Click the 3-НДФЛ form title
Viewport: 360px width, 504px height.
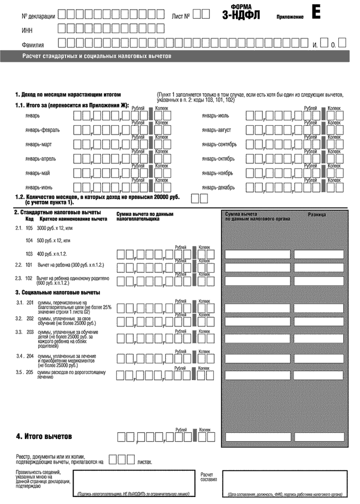(241, 14)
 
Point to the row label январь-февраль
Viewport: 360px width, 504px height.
(42, 130)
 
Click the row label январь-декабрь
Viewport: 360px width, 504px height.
(222, 188)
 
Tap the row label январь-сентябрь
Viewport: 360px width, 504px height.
(223, 145)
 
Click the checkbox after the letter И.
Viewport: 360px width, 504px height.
(325, 44)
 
